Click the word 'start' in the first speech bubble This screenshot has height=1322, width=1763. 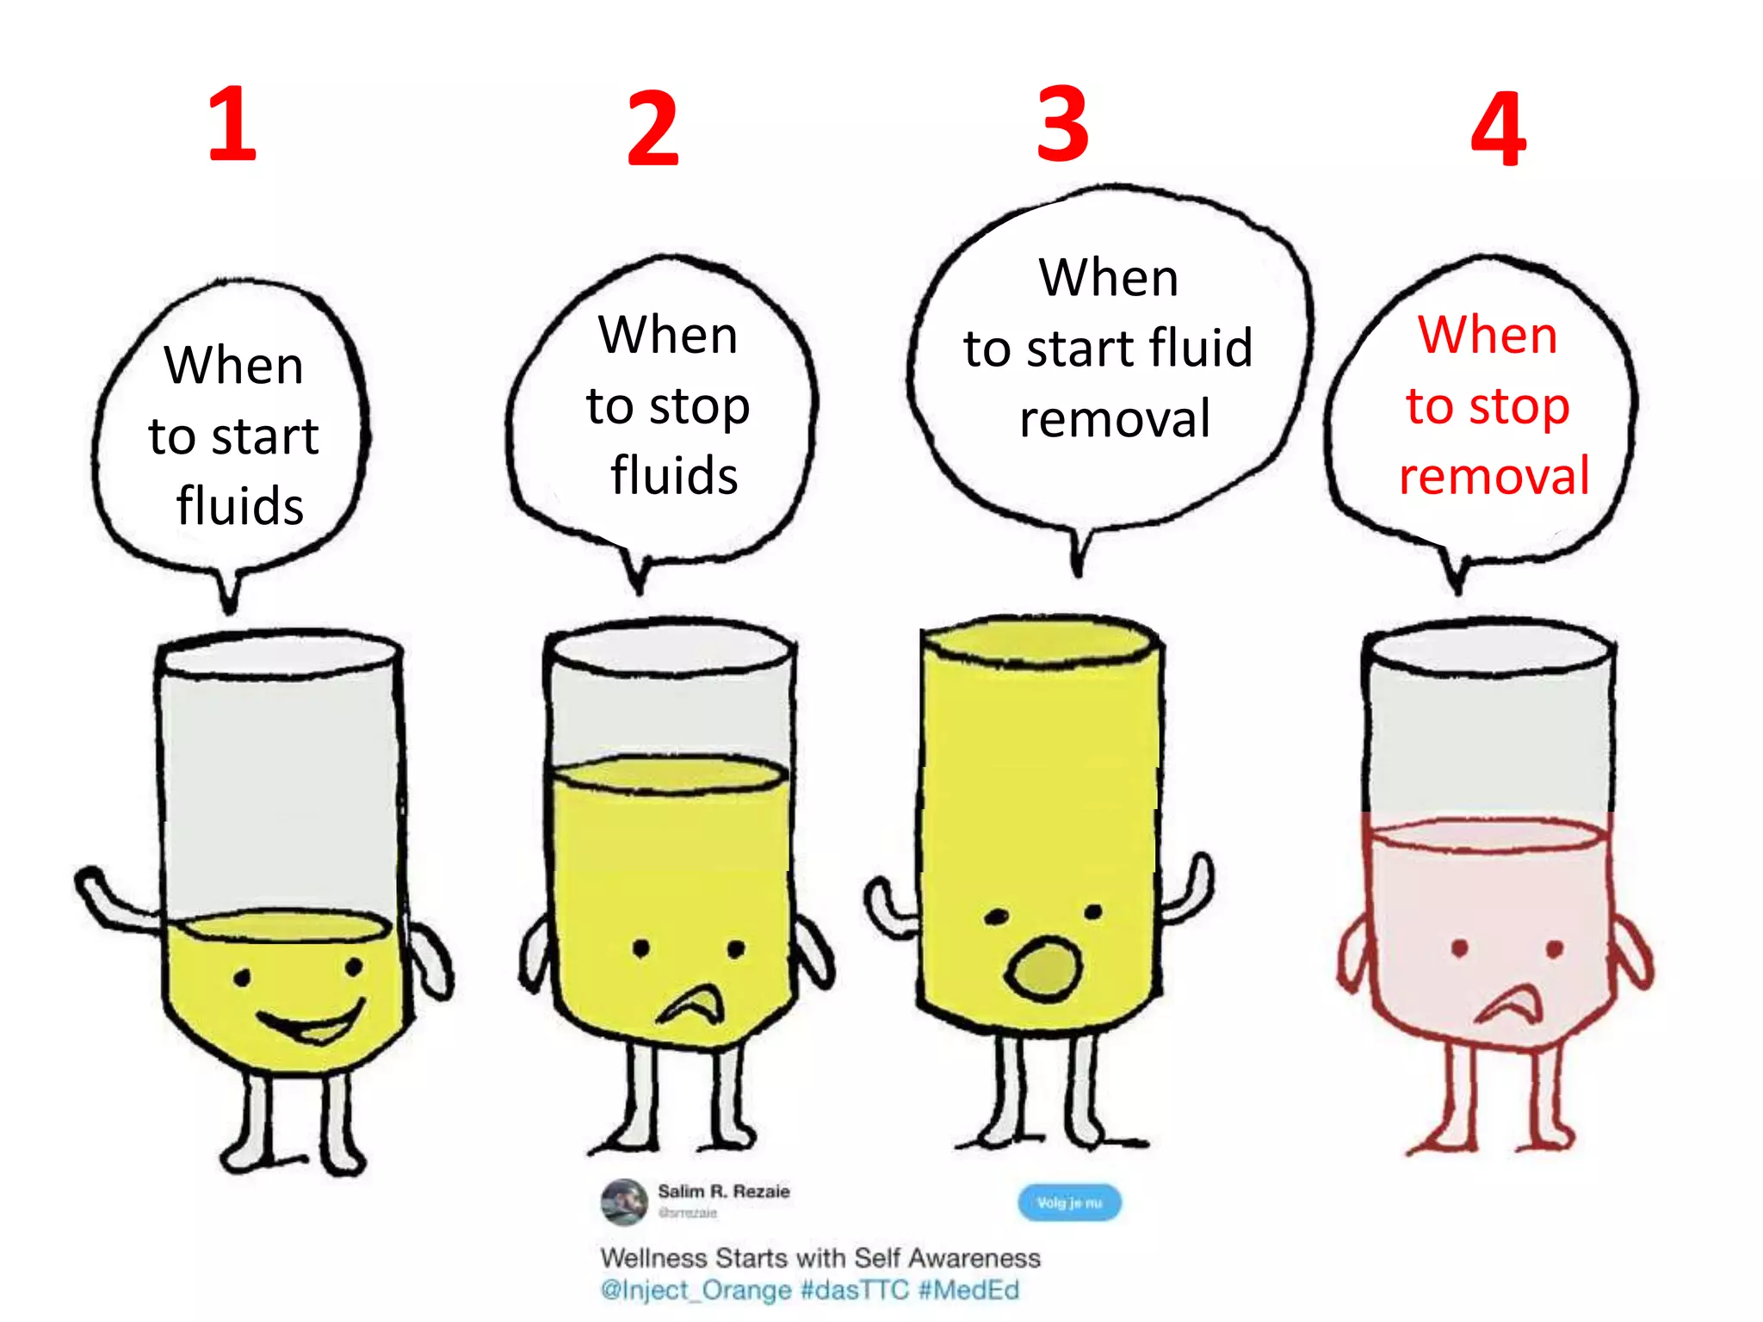[264, 436]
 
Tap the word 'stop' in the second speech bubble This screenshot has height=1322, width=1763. [699, 407]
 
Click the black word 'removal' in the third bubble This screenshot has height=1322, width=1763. [1115, 419]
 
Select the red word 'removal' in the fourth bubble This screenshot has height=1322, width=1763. [1494, 476]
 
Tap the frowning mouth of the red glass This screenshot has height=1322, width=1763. [1508, 1005]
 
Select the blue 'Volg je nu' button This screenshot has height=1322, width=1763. [1069, 1202]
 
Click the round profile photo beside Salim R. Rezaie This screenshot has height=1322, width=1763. [623, 1202]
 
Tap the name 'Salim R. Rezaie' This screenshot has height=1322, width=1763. [723, 1191]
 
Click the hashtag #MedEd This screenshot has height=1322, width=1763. [968, 1290]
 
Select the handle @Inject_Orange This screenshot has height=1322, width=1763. [696, 1290]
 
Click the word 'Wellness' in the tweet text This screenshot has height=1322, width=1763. [654, 1258]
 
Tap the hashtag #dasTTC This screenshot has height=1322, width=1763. [854, 1290]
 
